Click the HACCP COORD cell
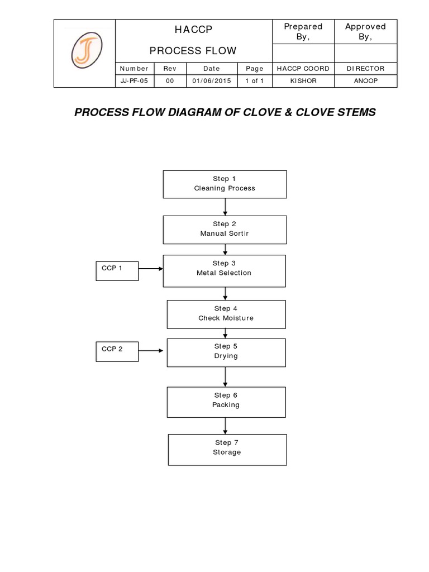302,69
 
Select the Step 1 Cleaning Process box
225,184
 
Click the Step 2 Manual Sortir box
225,229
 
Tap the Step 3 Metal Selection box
225,270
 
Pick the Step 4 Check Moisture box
226,313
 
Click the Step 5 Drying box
226,352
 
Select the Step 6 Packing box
226,400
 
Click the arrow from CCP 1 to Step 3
150,269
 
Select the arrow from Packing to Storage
225,426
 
